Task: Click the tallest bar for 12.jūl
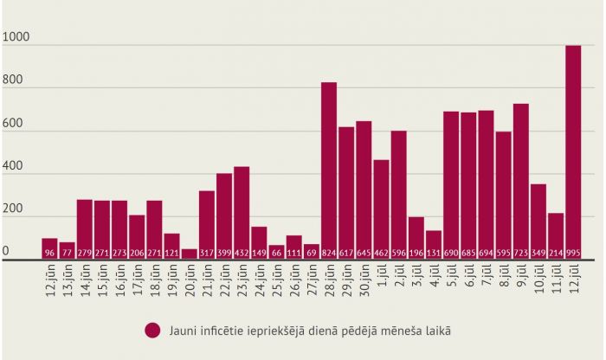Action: (x=573, y=151)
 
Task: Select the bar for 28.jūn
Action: (x=329, y=170)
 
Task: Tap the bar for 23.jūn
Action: (x=242, y=212)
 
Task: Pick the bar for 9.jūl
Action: (x=520, y=181)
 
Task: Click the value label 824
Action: (x=329, y=253)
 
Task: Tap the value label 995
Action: (x=573, y=253)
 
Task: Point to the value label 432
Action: (x=242, y=253)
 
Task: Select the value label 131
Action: (x=434, y=253)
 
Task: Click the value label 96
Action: (x=49, y=253)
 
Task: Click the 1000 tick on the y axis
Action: (x=17, y=37)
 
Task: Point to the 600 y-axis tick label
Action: (x=14, y=124)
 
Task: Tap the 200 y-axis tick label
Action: (x=14, y=210)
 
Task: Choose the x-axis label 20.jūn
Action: (x=190, y=281)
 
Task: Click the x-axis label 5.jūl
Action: (x=451, y=279)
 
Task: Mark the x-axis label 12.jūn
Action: (x=49, y=281)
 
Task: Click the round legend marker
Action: (x=153, y=331)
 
